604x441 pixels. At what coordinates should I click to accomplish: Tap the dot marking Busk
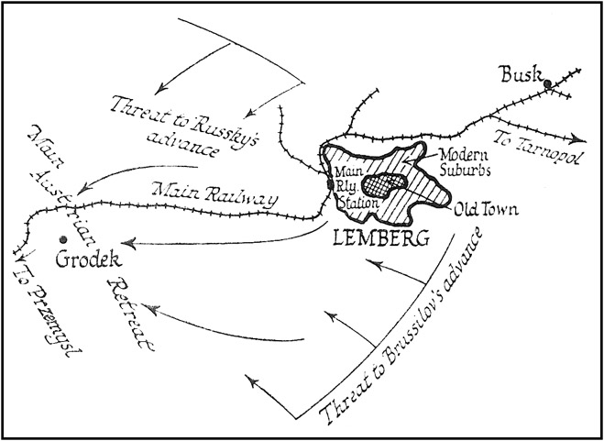pyautogui.click(x=547, y=84)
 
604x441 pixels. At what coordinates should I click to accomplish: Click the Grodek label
pyautogui.click(x=83, y=261)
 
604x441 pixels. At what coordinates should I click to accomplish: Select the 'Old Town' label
pyautogui.click(x=486, y=210)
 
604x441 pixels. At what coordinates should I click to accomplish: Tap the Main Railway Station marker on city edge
pyautogui.click(x=330, y=186)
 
